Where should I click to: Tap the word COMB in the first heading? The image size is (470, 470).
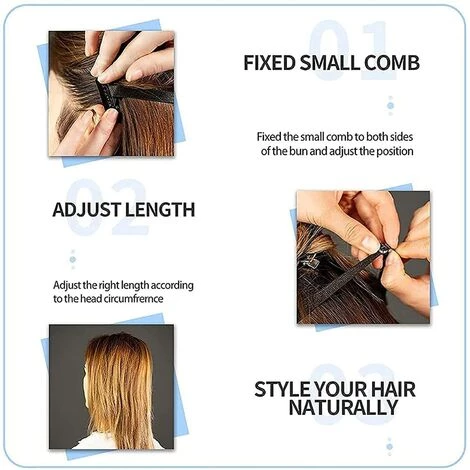tap(391, 63)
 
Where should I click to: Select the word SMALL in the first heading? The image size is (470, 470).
tap(329, 63)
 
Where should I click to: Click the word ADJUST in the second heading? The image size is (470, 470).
tap(84, 210)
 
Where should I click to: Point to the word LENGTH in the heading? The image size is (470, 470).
tap(157, 210)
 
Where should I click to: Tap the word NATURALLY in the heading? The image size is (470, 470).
tap(343, 408)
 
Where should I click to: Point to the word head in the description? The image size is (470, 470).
tap(82, 298)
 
